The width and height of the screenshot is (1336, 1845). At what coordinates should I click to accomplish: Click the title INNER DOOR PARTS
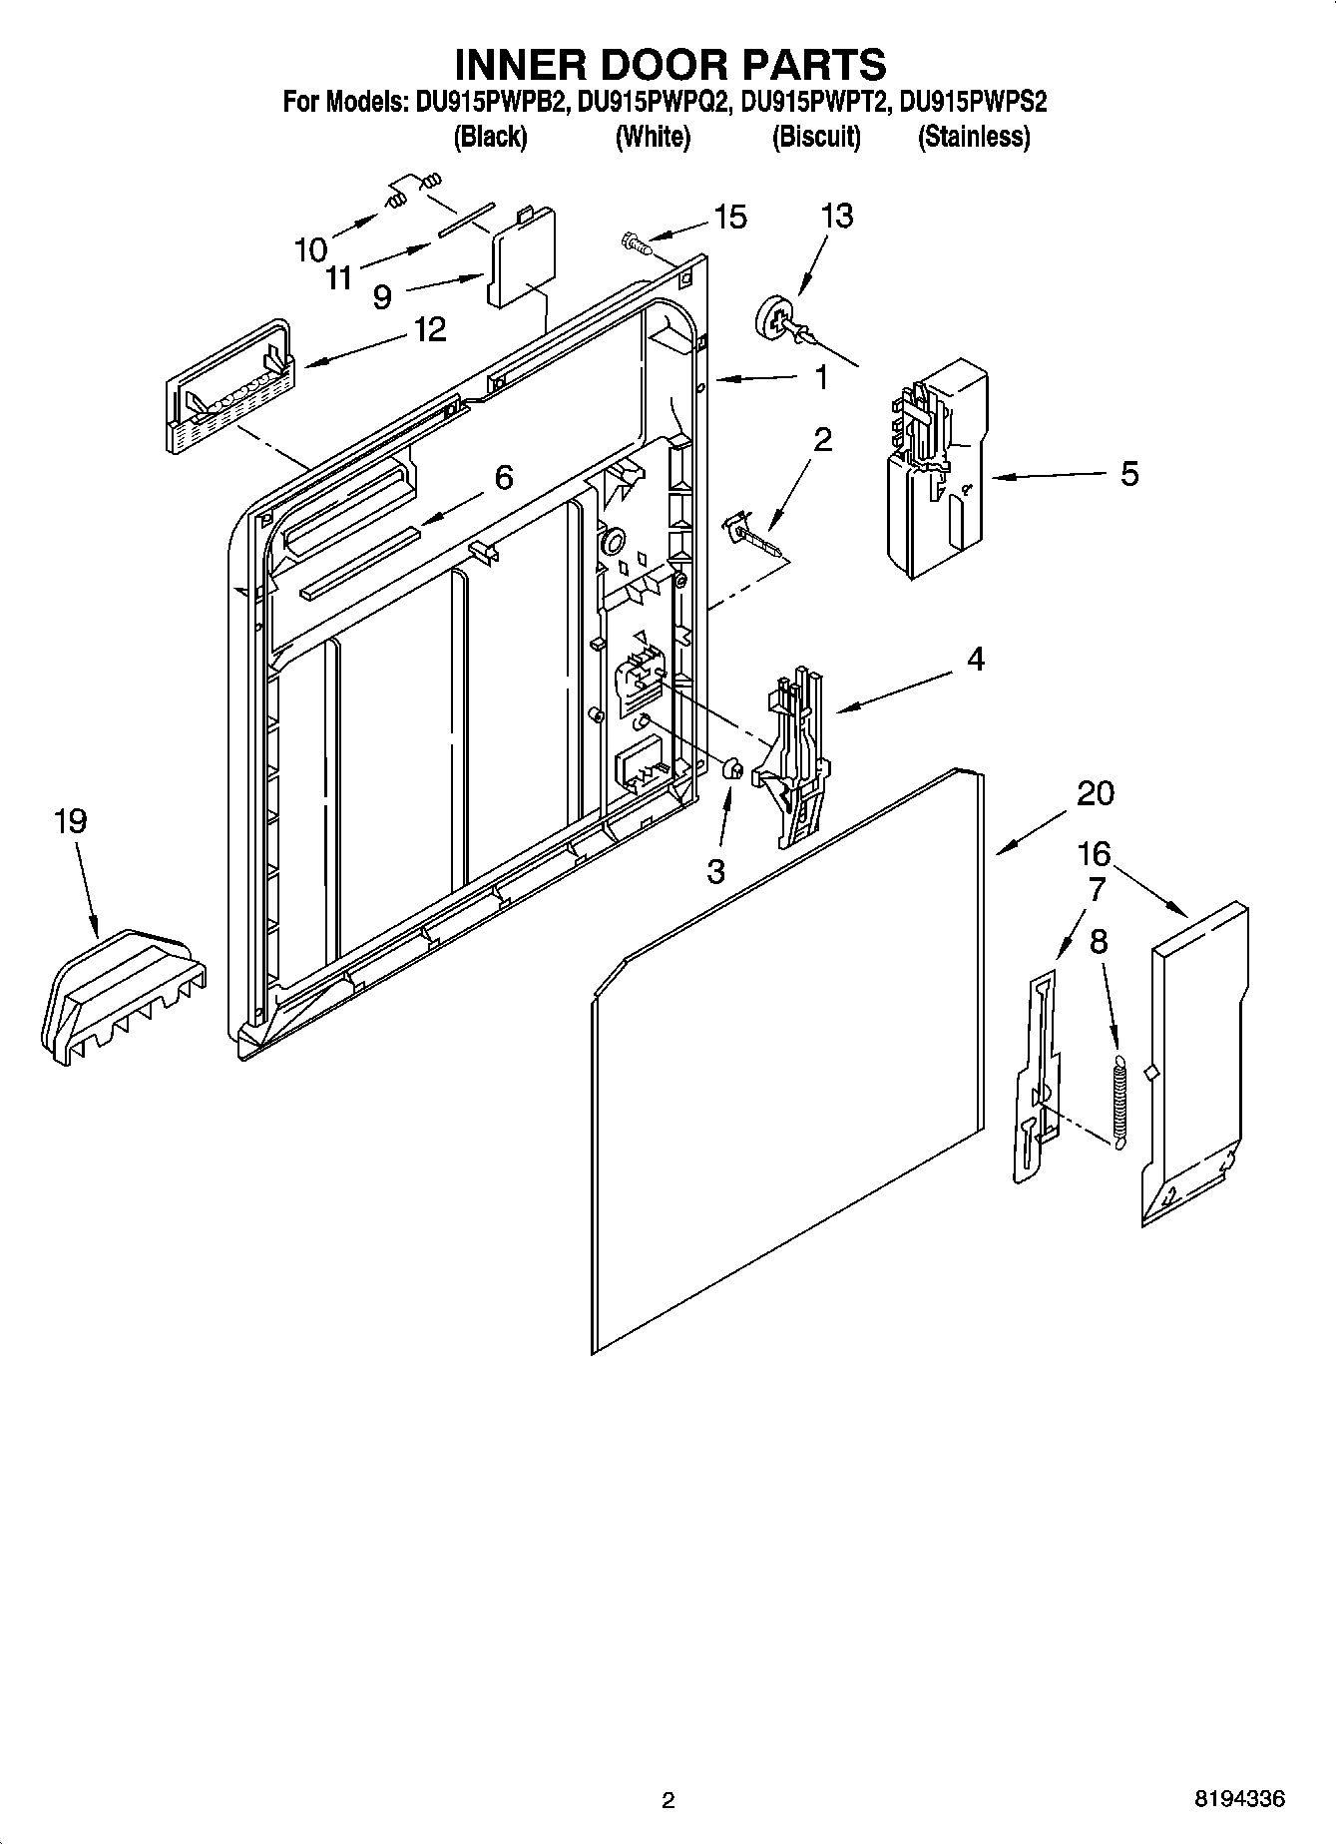[669, 64]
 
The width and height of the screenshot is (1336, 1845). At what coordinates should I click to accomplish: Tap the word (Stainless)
[973, 137]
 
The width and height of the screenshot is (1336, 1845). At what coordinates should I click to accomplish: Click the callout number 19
[70, 821]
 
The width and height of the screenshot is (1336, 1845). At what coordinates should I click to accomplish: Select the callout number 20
[1096, 792]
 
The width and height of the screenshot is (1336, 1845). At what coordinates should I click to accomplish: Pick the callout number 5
[1128, 473]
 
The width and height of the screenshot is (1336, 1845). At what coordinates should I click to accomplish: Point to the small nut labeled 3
[730, 768]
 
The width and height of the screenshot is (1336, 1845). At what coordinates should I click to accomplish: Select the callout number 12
[430, 329]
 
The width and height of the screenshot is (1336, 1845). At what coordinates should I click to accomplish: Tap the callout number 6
[504, 478]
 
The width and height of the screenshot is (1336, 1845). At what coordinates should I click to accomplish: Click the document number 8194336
[1239, 1799]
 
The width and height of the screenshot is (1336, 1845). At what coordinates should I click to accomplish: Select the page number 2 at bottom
[668, 1800]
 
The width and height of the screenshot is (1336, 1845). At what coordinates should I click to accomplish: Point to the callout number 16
[1094, 853]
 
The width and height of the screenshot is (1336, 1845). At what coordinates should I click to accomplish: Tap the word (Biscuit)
[815, 137]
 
